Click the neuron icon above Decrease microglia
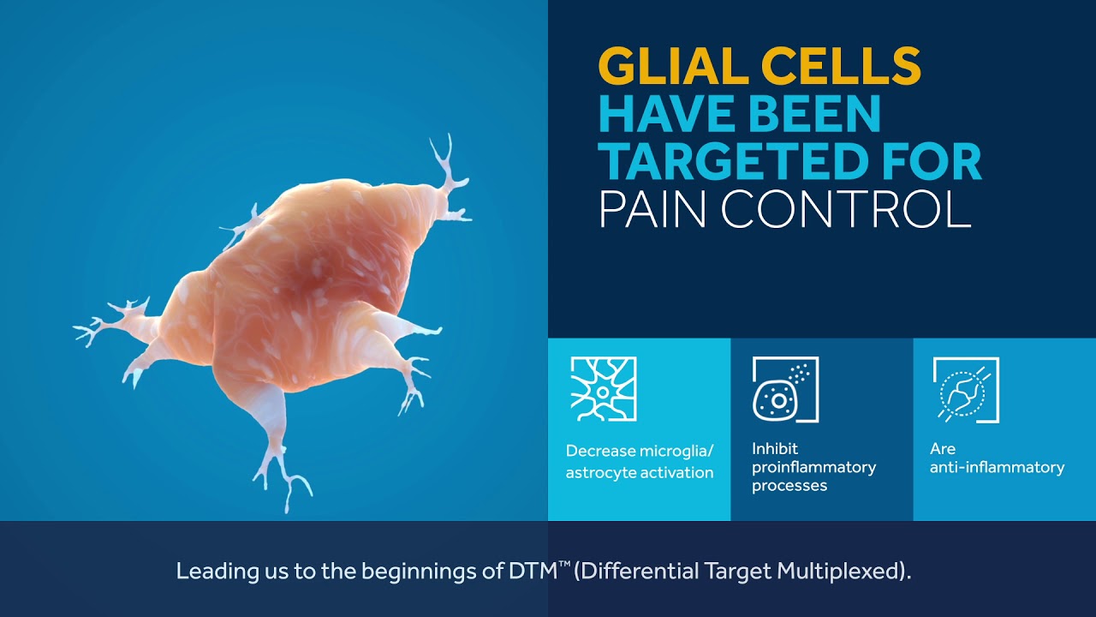point(604,389)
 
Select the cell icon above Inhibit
point(785,389)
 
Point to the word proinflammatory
point(813,467)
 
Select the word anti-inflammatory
point(997,467)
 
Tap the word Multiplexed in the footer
point(839,572)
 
